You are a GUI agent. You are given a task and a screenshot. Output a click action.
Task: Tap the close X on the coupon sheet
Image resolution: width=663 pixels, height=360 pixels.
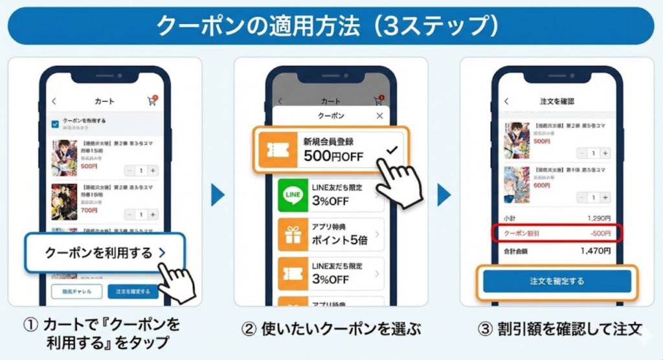(x=379, y=116)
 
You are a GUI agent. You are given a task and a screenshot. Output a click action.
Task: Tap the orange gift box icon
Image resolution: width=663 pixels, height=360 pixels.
(x=293, y=234)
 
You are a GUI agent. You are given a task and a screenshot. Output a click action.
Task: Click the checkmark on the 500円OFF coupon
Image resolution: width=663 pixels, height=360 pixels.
(x=390, y=150)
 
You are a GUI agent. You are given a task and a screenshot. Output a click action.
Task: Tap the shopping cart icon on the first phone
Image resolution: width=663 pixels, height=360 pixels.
(x=152, y=102)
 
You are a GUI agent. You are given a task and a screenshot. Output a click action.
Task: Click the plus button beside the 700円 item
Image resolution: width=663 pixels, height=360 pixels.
(x=153, y=214)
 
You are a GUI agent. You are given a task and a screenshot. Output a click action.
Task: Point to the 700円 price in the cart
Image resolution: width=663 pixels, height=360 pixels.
(x=89, y=210)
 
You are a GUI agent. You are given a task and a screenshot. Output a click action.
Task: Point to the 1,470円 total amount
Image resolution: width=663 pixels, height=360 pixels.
(x=595, y=251)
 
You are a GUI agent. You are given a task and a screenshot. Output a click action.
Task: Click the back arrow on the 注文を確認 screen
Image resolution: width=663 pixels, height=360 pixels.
(x=506, y=102)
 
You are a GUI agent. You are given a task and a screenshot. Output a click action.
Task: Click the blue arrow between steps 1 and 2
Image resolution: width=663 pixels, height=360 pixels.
(x=218, y=194)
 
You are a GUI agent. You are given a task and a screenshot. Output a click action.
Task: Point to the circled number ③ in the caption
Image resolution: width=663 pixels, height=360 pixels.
(x=486, y=329)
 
